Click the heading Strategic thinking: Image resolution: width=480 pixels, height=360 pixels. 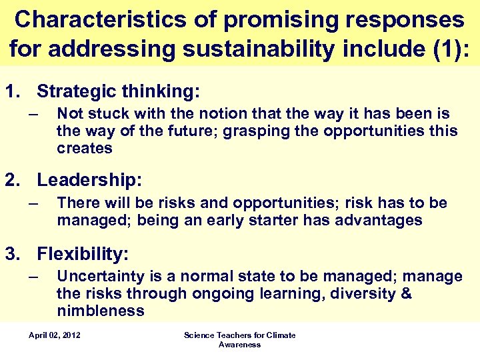click(118, 91)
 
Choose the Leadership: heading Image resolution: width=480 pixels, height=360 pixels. click(89, 180)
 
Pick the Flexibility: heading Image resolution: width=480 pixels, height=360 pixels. click(83, 254)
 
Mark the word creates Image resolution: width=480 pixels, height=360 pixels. click(85, 148)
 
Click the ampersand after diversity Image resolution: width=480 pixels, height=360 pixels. click(406, 294)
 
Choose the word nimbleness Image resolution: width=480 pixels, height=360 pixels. click(101, 311)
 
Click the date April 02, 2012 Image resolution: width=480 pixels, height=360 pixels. click(55, 335)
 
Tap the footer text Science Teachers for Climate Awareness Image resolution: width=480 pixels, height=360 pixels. click(239, 339)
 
